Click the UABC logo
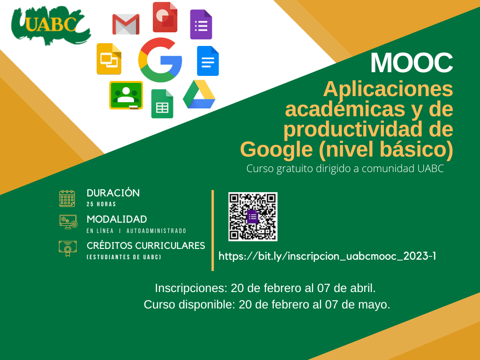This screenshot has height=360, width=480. (x=51, y=25)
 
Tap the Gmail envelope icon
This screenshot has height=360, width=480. (x=126, y=24)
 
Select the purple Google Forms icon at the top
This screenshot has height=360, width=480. (x=201, y=24)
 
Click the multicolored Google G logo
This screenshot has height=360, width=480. (x=160, y=60)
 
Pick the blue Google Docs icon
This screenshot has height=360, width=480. (x=208, y=61)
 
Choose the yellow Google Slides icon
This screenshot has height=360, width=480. (x=109, y=59)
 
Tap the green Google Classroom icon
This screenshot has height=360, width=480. (x=126, y=95)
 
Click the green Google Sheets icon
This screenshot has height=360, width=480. (x=162, y=104)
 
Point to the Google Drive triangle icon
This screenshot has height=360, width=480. (x=199, y=94)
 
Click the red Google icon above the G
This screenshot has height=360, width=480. (x=165, y=17)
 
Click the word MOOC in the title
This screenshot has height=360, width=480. (x=412, y=63)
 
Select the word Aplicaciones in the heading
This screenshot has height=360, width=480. (x=388, y=89)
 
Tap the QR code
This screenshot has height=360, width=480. (x=253, y=217)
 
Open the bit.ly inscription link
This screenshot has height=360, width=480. (x=327, y=256)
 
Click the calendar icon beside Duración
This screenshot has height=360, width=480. (x=67, y=198)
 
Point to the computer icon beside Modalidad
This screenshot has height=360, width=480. (x=68, y=222)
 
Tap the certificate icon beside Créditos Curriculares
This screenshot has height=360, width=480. (x=67, y=248)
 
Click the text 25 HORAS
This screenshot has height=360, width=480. (x=101, y=204)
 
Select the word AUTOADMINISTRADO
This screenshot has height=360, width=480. (x=157, y=231)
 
